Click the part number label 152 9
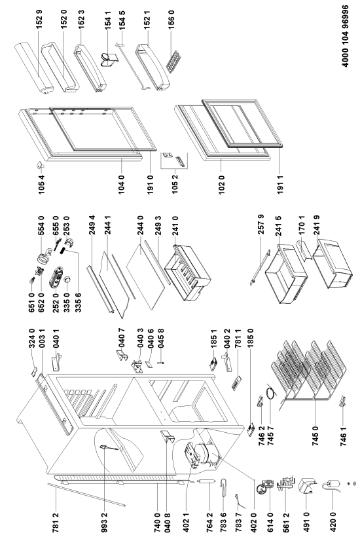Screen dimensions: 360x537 tap(39, 19)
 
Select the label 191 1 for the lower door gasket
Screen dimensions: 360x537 tap(280, 184)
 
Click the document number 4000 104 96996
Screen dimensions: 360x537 tap(346, 36)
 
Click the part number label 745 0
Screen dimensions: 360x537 tap(315, 435)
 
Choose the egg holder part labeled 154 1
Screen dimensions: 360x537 tap(109, 59)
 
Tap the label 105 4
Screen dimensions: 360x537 tap(41, 184)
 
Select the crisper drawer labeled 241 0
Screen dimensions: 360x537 tap(187, 272)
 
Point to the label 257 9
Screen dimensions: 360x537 tap(261, 225)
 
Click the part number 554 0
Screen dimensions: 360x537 tap(41, 226)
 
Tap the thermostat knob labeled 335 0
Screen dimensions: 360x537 tap(67, 279)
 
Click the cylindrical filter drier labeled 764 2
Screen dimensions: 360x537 tap(209, 486)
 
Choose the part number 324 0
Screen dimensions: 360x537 tap(32, 339)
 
